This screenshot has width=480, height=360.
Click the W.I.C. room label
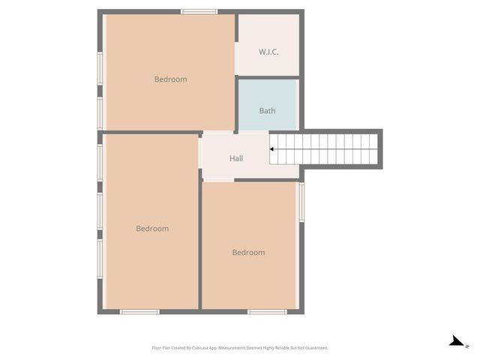coord(268,52)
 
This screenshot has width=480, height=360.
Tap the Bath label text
coord(267,111)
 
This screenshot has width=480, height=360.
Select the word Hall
coord(236,158)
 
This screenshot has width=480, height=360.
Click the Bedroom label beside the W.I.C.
coord(170,79)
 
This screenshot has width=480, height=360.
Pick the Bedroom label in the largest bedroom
coord(152,229)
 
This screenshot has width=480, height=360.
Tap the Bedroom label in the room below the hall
coord(248,253)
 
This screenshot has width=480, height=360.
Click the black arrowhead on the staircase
coord(272,149)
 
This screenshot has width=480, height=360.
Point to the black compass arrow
coord(455,341)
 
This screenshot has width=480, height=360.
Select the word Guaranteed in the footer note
coord(314,348)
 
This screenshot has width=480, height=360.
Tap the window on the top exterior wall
coord(199,11)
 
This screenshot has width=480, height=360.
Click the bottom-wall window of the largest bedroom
coord(139,311)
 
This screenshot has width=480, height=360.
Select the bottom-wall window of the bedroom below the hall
coord(267,311)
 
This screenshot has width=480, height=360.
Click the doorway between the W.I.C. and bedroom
coord(237,64)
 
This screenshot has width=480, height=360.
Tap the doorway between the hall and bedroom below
coord(218,180)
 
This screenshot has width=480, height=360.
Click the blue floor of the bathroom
coord(267,97)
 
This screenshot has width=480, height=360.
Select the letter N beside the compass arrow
coord(466,346)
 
